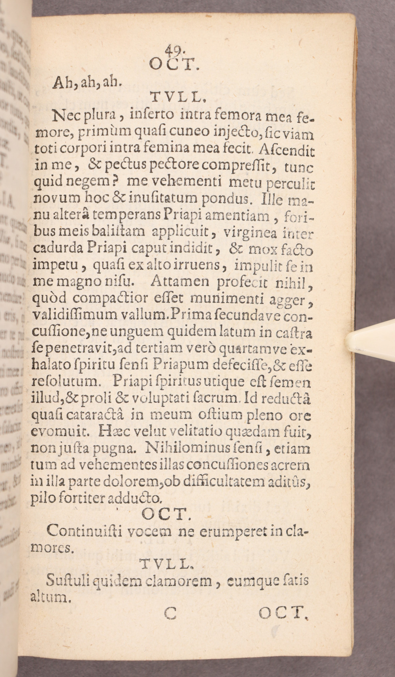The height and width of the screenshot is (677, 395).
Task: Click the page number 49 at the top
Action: pos(173,50)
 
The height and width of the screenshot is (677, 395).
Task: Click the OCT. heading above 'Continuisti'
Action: pos(163,514)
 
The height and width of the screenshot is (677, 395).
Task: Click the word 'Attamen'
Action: pos(177,282)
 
